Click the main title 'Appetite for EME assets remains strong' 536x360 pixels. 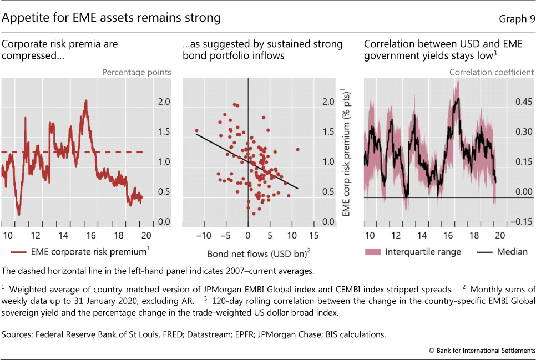(x=112, y=18)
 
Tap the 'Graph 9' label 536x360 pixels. (x=517, y=19)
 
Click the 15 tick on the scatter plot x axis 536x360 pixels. (x=314, y=235)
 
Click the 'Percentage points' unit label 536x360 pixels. (x=136, y=72)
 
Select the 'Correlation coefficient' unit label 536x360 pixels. (x=492, y=72)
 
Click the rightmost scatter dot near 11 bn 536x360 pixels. (x=298, y=149)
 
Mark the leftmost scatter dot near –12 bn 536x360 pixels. (x=196, y=131)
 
